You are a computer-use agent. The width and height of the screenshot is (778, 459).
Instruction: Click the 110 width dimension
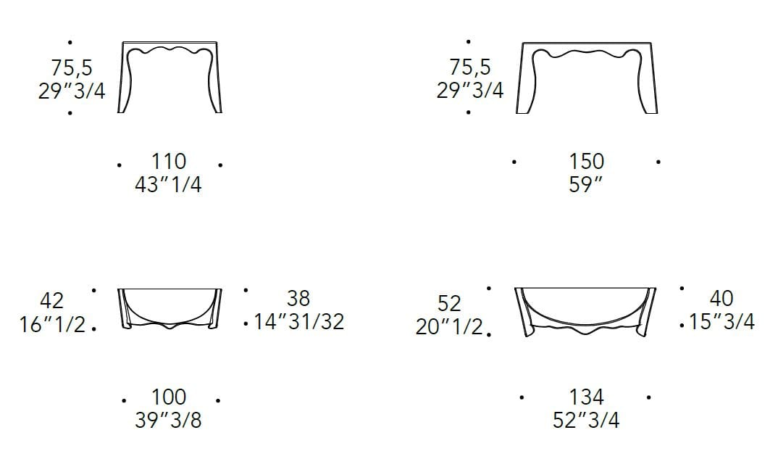pyautogui.click(x=169, y=162)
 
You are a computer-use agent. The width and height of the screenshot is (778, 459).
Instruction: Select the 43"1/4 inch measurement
pyautogui.click(x=168, y=185)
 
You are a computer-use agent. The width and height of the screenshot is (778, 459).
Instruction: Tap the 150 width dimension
pyautogui.click(x=587, y=162)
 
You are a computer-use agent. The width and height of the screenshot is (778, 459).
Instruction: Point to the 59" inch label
pyautogui.click(x=585, y=185)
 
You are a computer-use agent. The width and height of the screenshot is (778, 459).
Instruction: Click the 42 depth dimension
pyautogui.click(x=52, y=300)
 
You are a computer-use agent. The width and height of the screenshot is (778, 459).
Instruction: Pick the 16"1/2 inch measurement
pyautogui.click(x=53, y=324)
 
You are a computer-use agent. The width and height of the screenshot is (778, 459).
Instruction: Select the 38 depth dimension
pyautogui.click(x=298, y=298)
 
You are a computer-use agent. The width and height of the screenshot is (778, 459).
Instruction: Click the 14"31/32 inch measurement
pyautogui.click(x=299, y=321)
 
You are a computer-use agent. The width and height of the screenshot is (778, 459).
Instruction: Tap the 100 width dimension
pyautogui.click(x=169, y=397)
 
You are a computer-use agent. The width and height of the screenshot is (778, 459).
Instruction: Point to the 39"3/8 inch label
pyautogui.click(x=168, y=421)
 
